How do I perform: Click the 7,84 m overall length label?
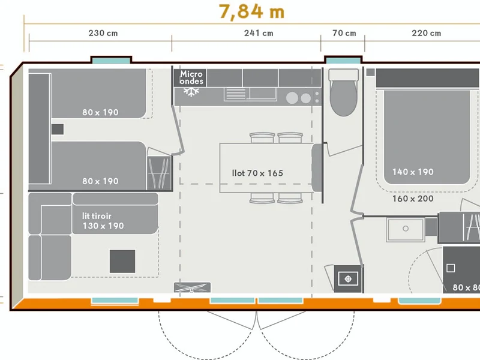(x=251, y=12)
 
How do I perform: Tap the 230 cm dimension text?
(x=103, y=33)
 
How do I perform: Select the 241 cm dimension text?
(x=259, y=33)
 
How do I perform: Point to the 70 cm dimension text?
(x=344, y=33)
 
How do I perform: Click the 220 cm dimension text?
(x=427, y=33)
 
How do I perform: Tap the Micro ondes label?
(x=191, y=77)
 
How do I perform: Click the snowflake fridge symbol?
(x=191, y=92)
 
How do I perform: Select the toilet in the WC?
(x=343, y=92)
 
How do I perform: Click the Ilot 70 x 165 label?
(x=257, y=173)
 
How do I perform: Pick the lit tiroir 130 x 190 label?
(x=103, y=221)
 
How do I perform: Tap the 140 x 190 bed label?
(x=413, y=172)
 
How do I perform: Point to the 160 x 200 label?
(x=413, y=199)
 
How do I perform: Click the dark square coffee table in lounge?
(x=122, y=261)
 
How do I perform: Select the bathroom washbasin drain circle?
(x=406, y=229)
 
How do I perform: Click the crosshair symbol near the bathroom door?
(x=348, y=279)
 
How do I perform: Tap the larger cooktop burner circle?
(x=292, y=98)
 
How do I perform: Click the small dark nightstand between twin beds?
(x=58, y=129)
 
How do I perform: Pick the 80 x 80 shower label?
(x=466, y=288)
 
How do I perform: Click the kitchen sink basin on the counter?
(x=262, y=94)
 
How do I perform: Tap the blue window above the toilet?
(x=343, y=61)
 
